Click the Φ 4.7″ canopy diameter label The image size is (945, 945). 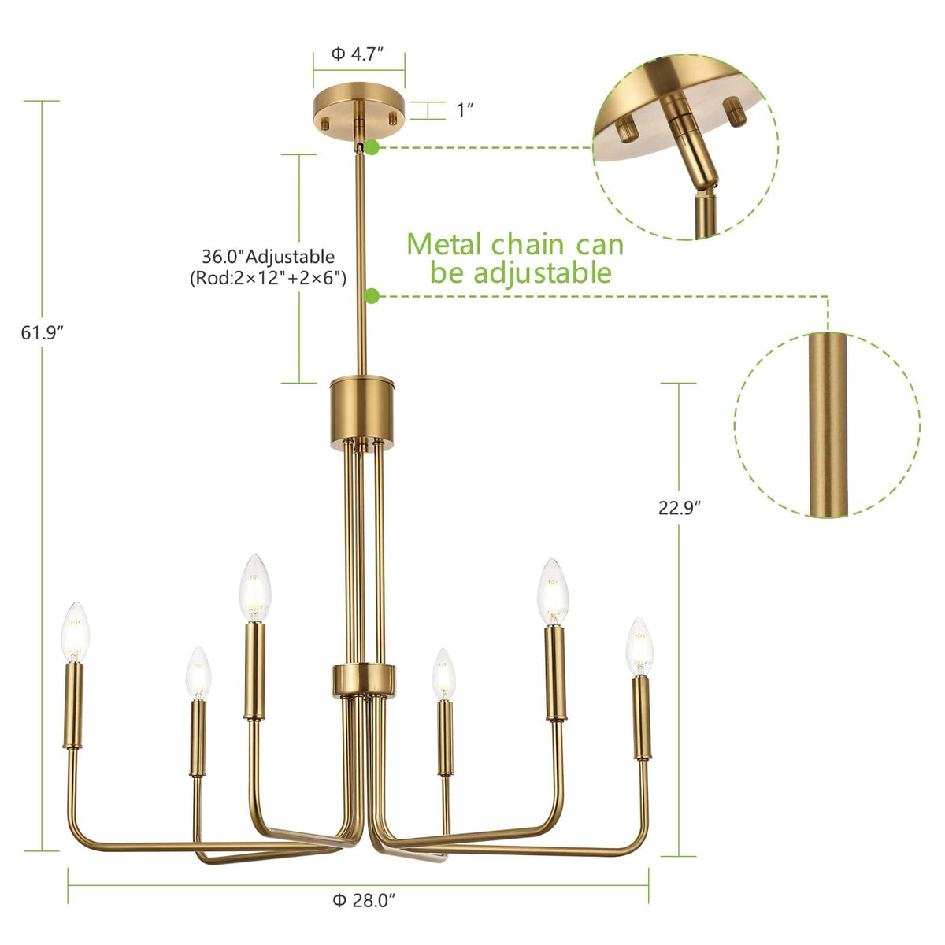pyautogui.click(x=357, y=54)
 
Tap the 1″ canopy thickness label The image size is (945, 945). pyautogui.click(x=465, y=110)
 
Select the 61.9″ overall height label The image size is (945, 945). pyautogui.click(x=43, y=333)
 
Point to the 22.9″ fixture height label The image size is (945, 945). pyautogui.click(x=680, y=508)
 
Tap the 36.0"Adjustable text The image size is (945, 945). pyautogui.click(x=269, y=257)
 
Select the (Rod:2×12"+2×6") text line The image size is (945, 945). pyautogui.click(x=269, y=279)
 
